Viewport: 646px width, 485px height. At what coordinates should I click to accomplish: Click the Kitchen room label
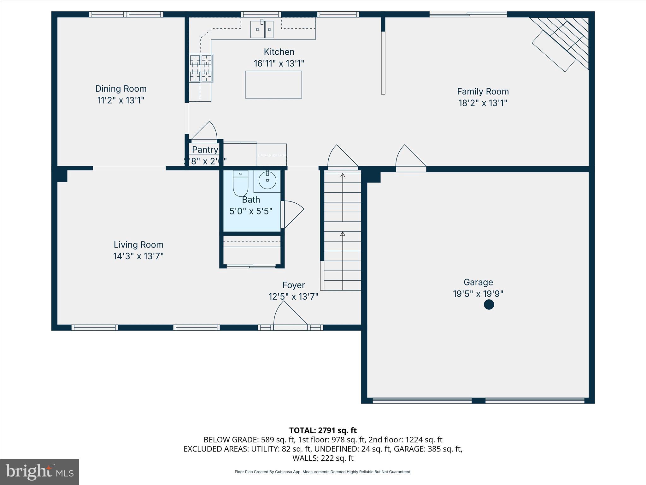pos(279,52)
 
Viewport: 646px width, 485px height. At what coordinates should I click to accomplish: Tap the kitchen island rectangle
pos(273,84)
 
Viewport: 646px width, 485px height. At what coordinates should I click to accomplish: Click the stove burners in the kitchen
pos(201,68)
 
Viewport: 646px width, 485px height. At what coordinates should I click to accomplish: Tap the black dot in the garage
pos(489,305)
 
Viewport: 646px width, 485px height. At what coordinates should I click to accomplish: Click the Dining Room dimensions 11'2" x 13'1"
pos(121,100)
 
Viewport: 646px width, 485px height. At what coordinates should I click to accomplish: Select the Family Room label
pos(483,92)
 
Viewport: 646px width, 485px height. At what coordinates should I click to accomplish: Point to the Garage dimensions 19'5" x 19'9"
pos(478,294)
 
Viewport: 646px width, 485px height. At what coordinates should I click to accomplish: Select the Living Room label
pos(138,245)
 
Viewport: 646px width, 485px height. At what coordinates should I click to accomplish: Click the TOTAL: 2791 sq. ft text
pos(323,430)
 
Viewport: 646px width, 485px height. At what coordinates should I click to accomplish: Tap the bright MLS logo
pos(39,472)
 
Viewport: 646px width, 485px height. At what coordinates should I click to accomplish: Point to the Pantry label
pos(205,150)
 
